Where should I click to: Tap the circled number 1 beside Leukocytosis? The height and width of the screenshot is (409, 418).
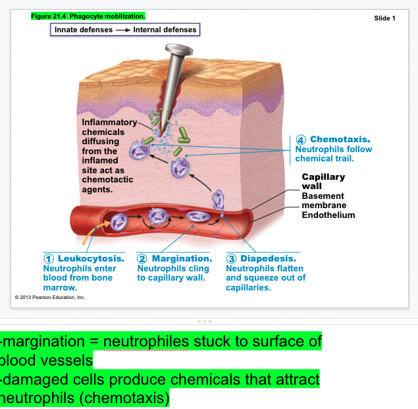pos(49,259)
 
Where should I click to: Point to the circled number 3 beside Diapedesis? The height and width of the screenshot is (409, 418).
pos(231,259)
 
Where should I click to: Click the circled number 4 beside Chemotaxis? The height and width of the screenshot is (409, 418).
pos(301,140)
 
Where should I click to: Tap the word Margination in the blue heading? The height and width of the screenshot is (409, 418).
pos(182,259)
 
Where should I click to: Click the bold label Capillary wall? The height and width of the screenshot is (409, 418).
pos(323,181)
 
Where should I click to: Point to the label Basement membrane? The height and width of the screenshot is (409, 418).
pos(323,201)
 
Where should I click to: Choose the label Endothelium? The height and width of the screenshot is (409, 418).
pos(328,215)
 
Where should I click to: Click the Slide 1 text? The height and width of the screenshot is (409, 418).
pos(384,18)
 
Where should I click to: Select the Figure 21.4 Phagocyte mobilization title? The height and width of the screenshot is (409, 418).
pos(88,15)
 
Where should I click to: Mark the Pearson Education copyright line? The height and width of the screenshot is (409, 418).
pos(50,298)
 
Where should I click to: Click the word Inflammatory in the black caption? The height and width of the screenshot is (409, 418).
pos(109,123)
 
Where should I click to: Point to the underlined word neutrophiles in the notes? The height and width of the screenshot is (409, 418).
pos(146,342)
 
